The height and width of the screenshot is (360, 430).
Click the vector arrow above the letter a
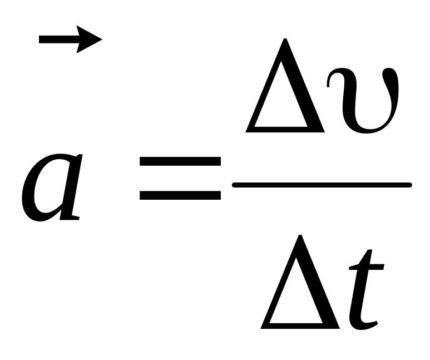(x=70, y=40)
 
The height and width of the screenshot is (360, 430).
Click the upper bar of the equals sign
(x=180, y=161)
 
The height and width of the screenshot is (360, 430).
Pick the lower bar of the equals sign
(x=180, y=195)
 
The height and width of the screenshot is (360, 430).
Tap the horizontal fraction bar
(x=322, y=185)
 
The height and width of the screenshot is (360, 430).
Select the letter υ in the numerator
(x=363, y=100)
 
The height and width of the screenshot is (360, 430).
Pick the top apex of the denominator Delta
(x=301, y=237)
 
